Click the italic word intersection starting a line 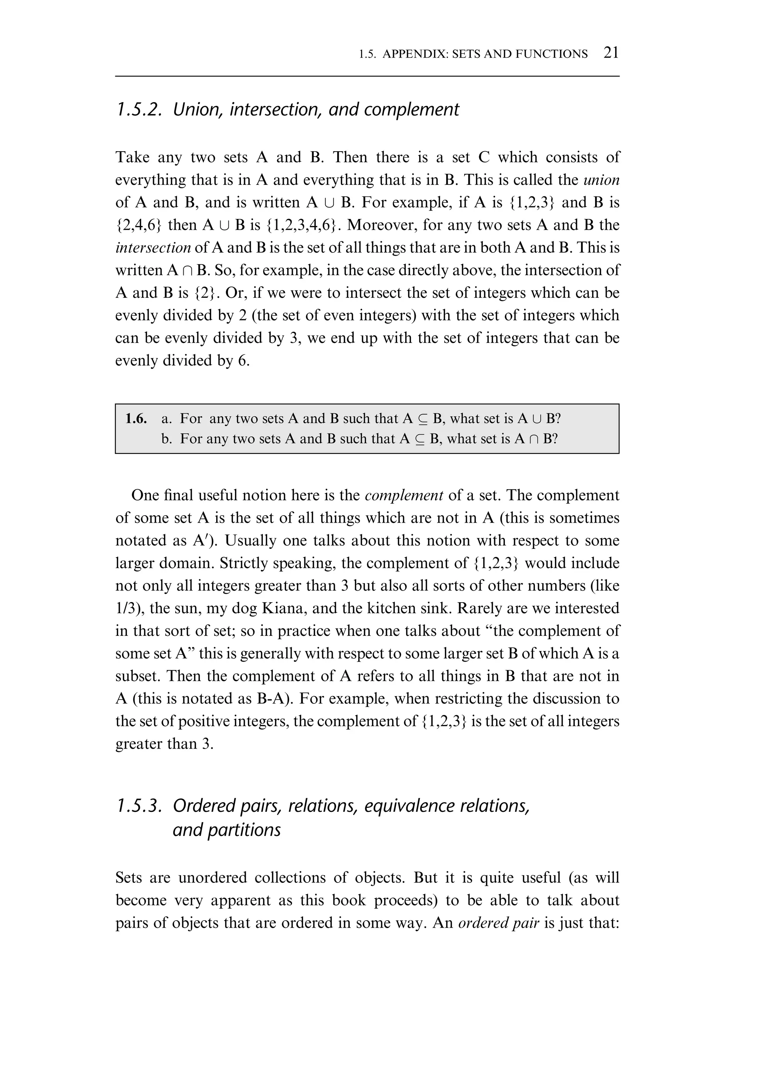click(153, 248)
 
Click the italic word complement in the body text click(404, 495)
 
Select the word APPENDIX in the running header click(414, 54)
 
